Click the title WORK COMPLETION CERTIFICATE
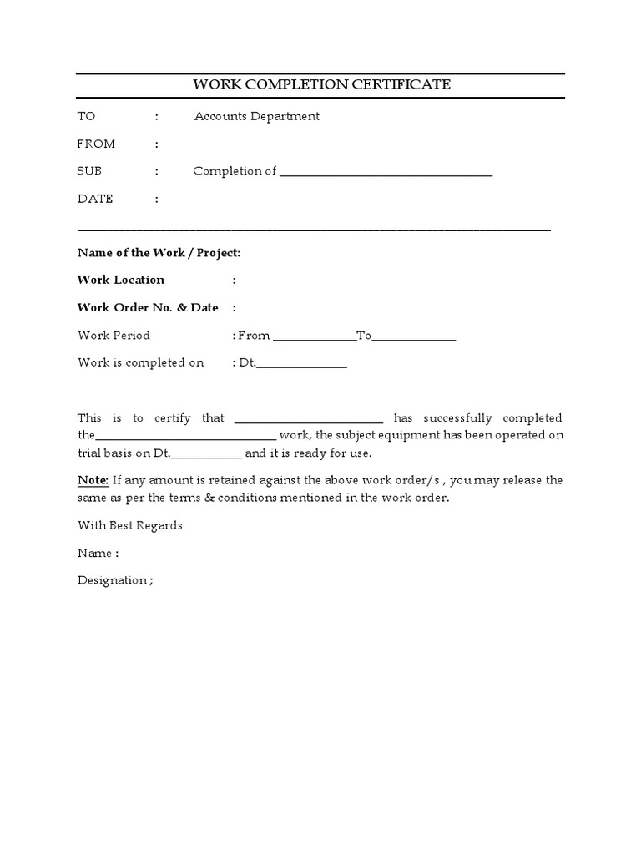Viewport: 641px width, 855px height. click(x=322, y=84)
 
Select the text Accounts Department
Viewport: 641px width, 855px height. click(x=256, y=116)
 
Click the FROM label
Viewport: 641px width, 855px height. click(x=96, y=144)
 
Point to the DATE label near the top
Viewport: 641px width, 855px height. click(x=95, y=199)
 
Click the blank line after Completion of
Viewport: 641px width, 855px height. click(x=386, y=174)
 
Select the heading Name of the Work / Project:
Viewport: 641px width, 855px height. click(x=159, y=252)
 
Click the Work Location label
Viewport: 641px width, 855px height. click(x=121, y=280)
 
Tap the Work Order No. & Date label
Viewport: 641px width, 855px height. click(x=148, y=307)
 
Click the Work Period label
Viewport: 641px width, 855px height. click(x=114, y=336)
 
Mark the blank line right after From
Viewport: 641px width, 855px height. click(x=314, y=338)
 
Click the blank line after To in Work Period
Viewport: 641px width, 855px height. click(x=414, y=338)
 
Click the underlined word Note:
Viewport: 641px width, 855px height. click(x=93, y=480)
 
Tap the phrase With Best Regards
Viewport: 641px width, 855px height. click(x=129, y=525)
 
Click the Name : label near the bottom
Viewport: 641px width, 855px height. click(x=98, y=553)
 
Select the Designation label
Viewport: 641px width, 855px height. click(x=115, y=580)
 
